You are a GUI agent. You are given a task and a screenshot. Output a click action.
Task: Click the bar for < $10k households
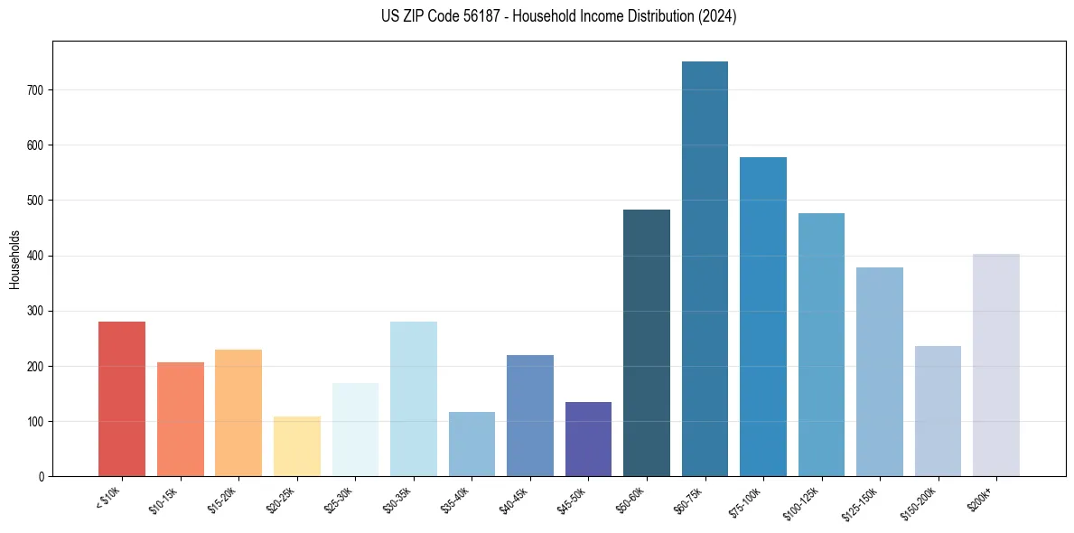[x=122, y=398]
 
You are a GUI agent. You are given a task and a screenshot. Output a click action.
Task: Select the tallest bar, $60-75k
[x=705, y=268]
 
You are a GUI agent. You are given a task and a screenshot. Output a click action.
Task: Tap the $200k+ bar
[x=996, y=365]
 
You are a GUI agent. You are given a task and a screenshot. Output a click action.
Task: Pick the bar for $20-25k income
[x=297, y=446]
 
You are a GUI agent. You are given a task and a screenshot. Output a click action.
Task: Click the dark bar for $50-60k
[x=647, y=342]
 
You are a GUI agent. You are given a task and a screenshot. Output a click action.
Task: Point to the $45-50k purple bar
[x=588, y=439]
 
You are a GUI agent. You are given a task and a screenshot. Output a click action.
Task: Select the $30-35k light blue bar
[x=414, y=398]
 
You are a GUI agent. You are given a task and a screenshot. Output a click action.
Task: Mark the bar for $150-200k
[x=938, y=411]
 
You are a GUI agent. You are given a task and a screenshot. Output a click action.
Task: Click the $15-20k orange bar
[x=238, y=413]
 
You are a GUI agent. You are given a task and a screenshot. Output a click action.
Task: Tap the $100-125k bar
[x=821, y=344]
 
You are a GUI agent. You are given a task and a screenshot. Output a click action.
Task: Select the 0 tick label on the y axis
[x=42, y=476]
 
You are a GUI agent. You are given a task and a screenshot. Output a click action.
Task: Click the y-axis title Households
[x=14, y=258]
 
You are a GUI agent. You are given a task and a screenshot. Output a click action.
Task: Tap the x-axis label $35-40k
[x=457, y=500]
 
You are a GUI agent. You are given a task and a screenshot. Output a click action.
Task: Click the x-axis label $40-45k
[x=515, y=500]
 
